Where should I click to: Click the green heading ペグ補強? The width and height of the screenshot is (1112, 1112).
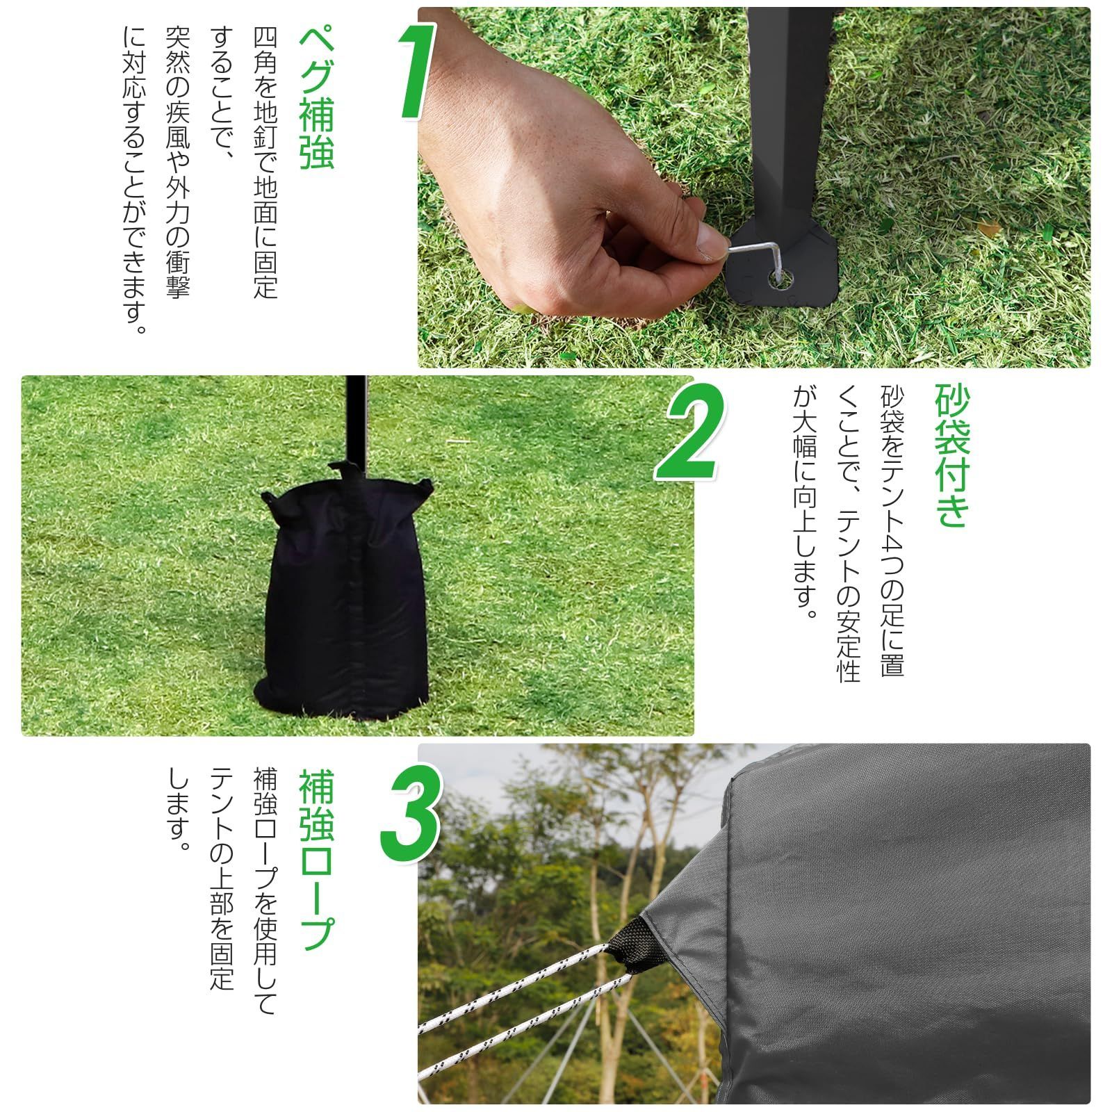click(316, 100)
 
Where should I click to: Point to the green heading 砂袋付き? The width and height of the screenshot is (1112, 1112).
click(951, 456)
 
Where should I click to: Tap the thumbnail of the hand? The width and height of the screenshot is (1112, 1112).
click(711, 243)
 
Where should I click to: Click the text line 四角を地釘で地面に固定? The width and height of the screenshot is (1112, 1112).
click(265, 163)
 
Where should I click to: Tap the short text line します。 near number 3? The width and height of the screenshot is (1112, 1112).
click(179, 810)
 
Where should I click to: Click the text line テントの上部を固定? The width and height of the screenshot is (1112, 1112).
click(222, 879)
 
